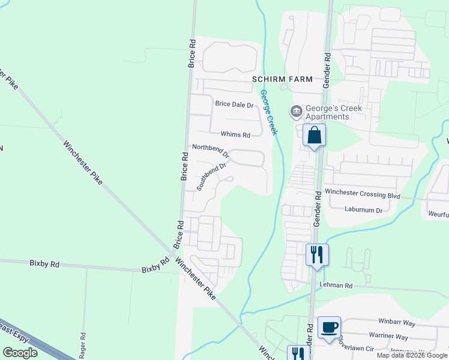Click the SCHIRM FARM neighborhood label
283,79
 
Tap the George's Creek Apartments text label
327,112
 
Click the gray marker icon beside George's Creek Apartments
296,112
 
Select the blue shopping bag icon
315,135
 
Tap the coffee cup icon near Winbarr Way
329,328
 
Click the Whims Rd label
235,134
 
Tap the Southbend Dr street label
213,177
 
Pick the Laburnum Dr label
364,210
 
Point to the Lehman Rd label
334,284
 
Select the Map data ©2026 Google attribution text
412,355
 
